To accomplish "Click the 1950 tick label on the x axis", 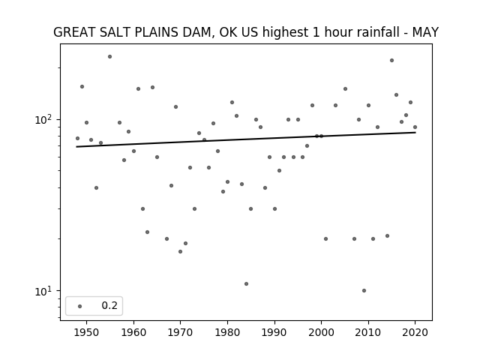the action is point(87,332).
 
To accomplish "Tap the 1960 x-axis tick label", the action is point(133,332).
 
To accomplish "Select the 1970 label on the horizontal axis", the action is point(181,332).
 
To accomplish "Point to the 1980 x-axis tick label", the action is point(228,332).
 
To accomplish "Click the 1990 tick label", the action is point(274,332).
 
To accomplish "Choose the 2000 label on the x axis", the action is point(322,332).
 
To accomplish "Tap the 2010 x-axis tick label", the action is point(368,332).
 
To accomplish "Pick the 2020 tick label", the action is point(415,332).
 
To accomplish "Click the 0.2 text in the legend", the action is point(109,305).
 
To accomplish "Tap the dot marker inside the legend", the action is point(80,306).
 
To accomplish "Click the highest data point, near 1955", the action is point(110,57).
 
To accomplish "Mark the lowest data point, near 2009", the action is point(364,290).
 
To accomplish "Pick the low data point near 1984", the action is point(247,283).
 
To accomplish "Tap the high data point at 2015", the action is point(391,60).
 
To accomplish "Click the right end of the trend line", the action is point(415,132).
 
